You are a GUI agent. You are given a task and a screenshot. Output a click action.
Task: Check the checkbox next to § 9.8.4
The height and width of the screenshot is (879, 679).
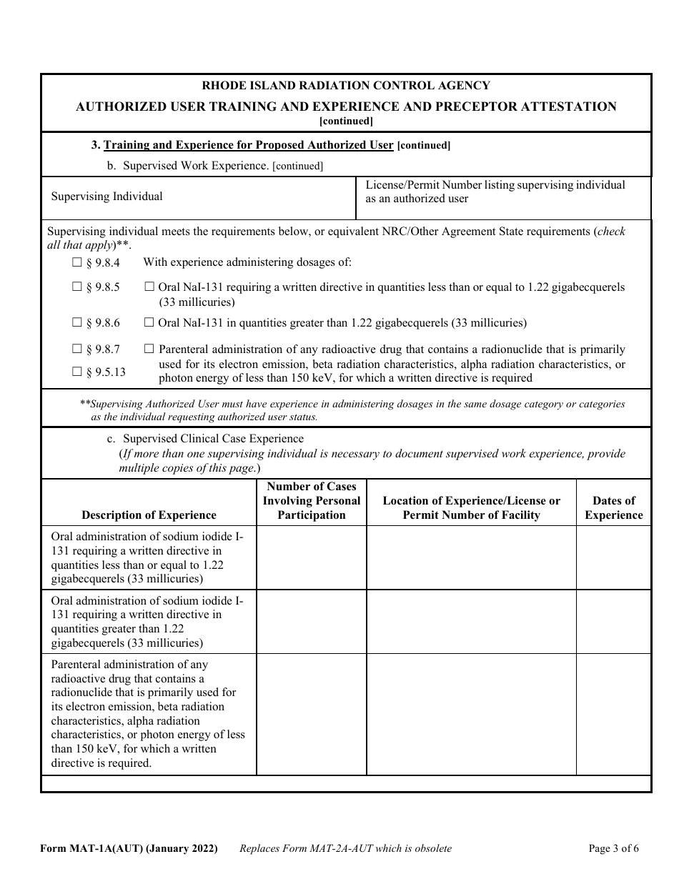pos(77,262)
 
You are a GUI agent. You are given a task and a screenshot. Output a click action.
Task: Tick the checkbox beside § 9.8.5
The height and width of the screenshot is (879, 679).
pos(77,287)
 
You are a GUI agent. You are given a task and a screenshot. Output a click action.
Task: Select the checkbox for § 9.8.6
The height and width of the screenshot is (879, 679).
pos(77,322)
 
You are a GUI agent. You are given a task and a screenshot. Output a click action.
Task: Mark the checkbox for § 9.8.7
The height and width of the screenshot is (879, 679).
pos(77,349)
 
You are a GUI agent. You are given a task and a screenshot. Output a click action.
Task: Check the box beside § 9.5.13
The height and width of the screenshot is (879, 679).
pos(77,371)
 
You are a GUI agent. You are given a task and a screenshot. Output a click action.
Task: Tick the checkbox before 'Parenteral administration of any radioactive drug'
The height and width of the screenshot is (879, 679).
pos(149,349)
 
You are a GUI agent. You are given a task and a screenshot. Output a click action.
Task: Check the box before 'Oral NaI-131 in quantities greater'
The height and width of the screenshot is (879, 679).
pos(149,322)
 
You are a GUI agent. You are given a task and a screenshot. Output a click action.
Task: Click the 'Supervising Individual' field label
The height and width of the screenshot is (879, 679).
pos(106,197)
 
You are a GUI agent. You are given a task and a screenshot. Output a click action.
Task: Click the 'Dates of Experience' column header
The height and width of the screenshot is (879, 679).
pos(613,507)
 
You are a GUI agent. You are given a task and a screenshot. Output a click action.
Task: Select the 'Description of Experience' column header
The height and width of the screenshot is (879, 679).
pos(149,515)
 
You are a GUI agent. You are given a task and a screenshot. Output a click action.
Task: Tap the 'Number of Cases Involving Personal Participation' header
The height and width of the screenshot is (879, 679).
pos(311,500)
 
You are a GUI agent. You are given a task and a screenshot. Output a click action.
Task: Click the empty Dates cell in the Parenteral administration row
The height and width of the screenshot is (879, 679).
pos(613,714)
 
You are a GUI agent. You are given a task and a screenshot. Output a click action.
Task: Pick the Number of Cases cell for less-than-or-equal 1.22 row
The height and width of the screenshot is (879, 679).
pos(311,557)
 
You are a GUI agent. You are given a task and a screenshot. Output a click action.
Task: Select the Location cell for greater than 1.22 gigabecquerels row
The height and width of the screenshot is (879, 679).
pos(471,621)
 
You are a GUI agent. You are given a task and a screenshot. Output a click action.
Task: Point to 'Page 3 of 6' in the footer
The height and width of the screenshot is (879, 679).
pos(613,849)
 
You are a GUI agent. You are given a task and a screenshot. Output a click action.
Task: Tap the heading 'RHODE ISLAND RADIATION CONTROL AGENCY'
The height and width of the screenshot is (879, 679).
pos(346,86)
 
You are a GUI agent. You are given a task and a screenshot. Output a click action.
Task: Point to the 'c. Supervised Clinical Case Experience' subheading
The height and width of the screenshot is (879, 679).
pos(212,439)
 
